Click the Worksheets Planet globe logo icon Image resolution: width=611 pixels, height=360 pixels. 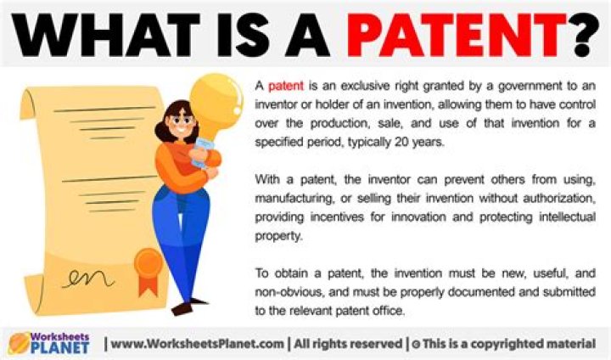[x=18, y=342]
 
